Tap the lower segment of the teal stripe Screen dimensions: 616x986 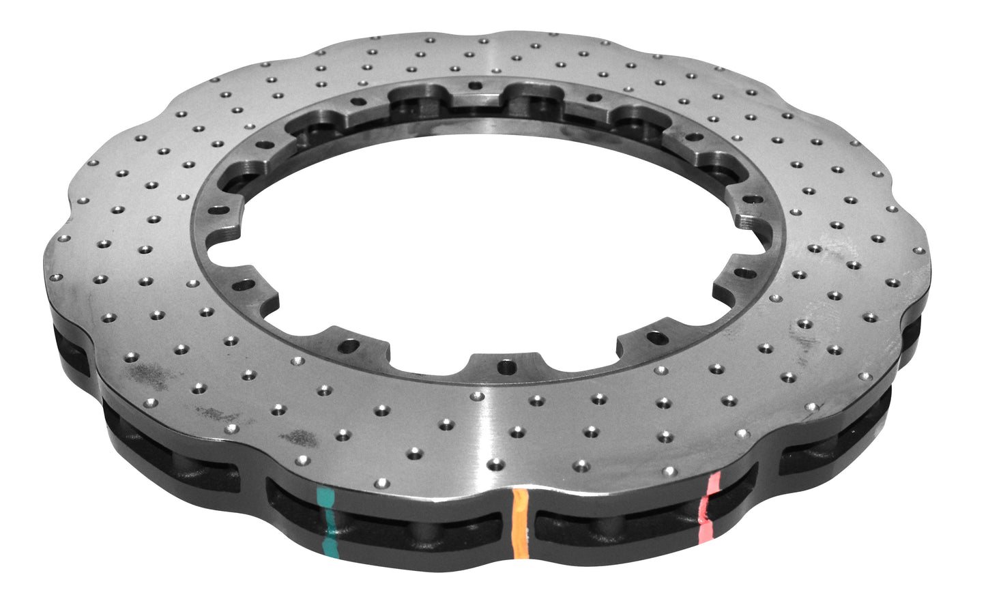coord(330,542)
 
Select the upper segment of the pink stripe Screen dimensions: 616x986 coord(713,483)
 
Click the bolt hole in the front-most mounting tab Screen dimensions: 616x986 coord(504,366)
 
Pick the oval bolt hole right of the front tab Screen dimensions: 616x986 coord(656,337)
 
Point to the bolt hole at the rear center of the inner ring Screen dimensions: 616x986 coord(476,85)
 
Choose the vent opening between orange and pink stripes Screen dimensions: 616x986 coord(614,525)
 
